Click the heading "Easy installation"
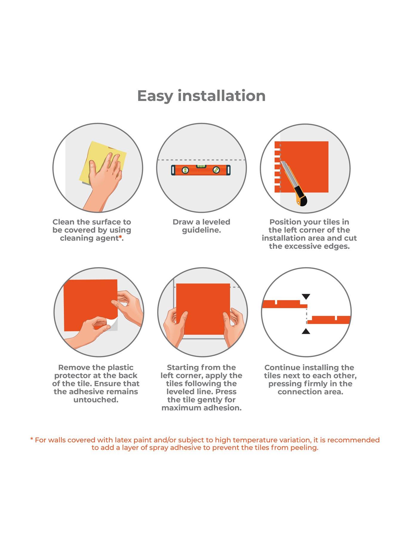coord(201,96)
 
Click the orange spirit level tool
coord(201,170)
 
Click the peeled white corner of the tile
coord(111,325)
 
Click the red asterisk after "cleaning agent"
coord(120,237)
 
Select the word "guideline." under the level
coord(201,230)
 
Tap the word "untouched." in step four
coord(96,400)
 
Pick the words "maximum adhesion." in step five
coord(201,408)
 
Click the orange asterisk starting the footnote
coord(32,439)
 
